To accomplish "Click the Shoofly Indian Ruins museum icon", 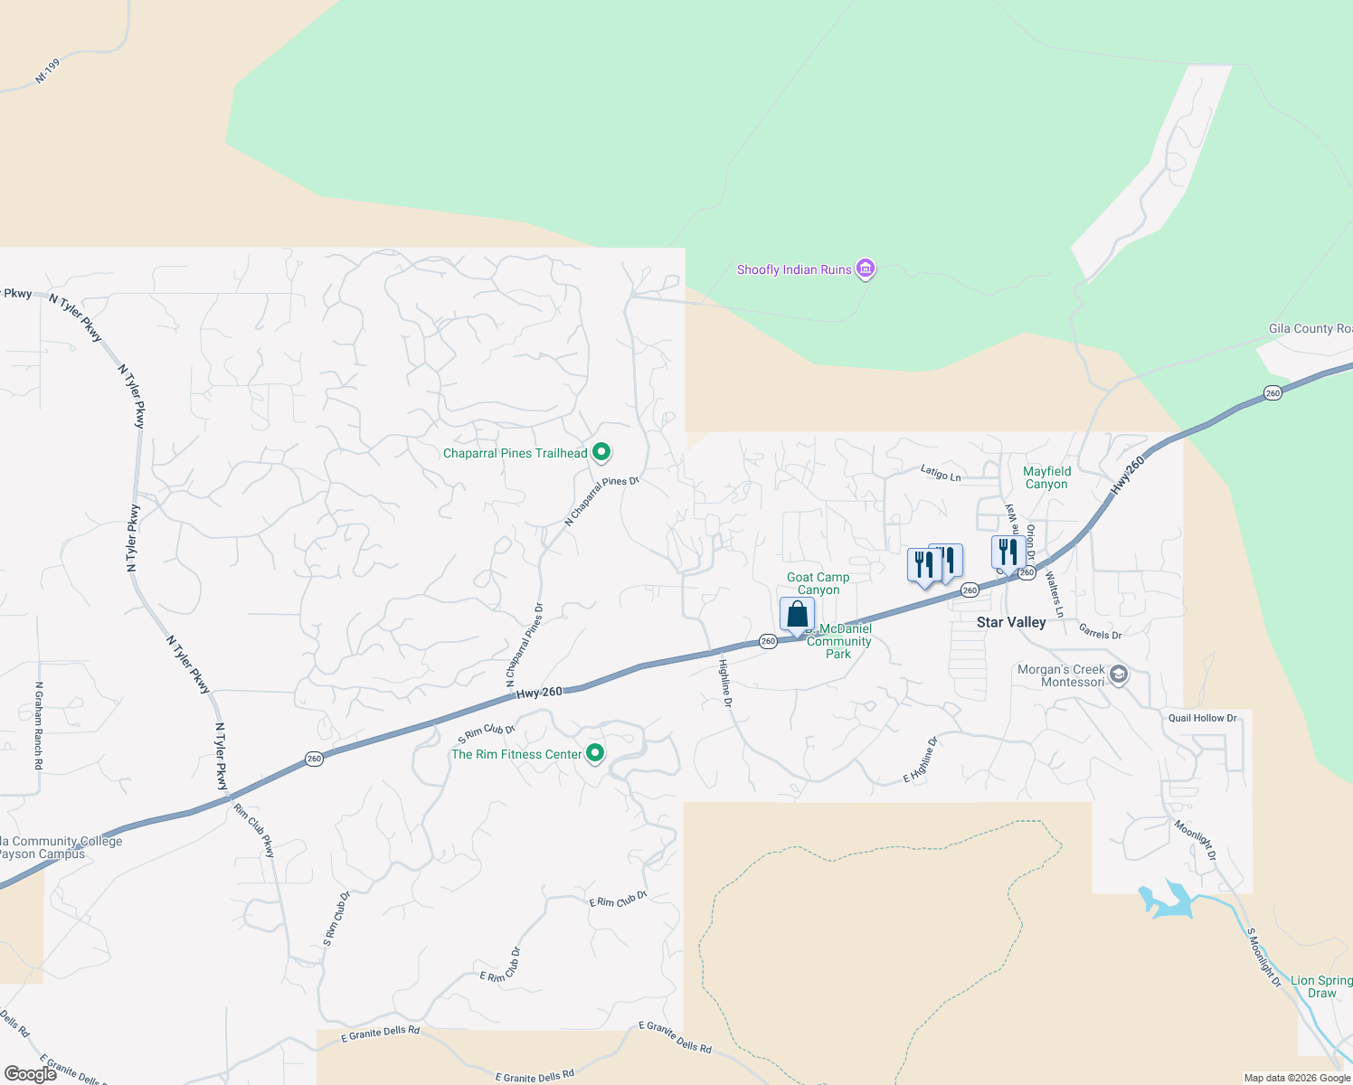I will click(866, 269).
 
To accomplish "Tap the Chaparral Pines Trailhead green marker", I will click(601, 453).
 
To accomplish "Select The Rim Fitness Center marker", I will click(595, 753).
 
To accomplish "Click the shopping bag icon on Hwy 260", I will click(797, 615).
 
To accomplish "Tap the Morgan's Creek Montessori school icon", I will click(1119, 675).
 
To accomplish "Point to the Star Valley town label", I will click(1011, 622).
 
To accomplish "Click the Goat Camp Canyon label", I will click(818, 583).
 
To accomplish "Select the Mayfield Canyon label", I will click(1046, 477).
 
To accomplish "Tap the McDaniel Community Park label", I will click(839, 641).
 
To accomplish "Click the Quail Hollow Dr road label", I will click(1202, 718).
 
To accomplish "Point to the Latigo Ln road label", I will click(941, 473).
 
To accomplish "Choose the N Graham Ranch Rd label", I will click(39, 725).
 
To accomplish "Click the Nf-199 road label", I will click(47, 71).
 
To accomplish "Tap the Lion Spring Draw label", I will click(1321, 986).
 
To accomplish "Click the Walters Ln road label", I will click(1054, 593).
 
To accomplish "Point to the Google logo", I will click(30, 1074).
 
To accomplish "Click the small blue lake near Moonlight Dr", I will click(1167, 901).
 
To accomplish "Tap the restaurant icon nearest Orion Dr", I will click(1008, 552).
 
